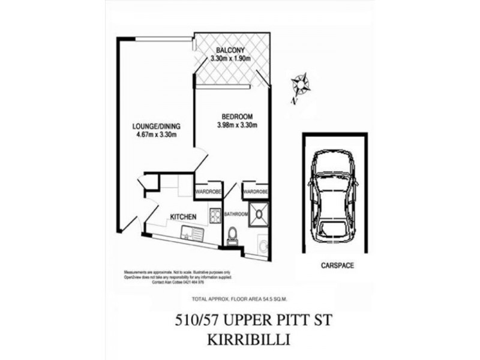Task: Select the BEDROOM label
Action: coord(237,116)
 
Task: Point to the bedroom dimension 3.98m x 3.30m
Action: coord(237,125)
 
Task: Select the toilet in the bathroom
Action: coord(233,235)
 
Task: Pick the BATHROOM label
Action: coord(236,214)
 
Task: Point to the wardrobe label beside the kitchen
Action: coord(208,192)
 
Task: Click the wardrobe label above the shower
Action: coord(255,192)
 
